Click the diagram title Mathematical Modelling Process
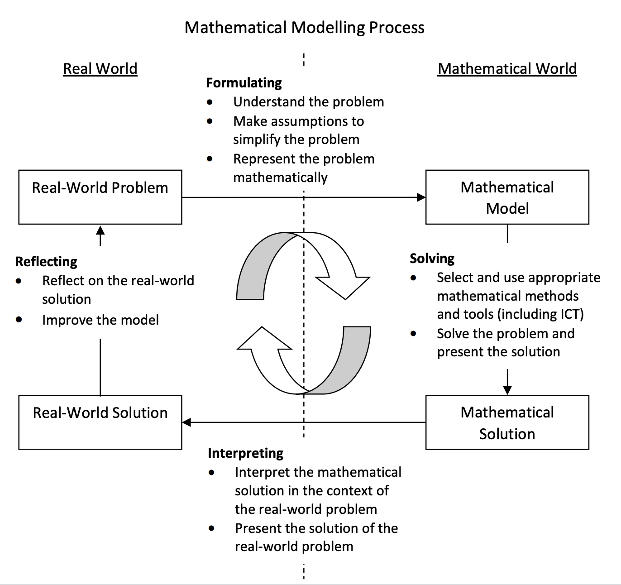click(x=304, y=28)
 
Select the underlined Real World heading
click(x=100, y=69)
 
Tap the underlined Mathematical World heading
click(x=507, y=69)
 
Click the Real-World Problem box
click(x=100, y=197)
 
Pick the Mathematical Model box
click(x=507, y=197)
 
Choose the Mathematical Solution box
click(x=507, y=422)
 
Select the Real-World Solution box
click(x=100, y=422)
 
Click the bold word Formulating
click(x=244, y=83)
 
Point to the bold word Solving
click(x=432, y=259)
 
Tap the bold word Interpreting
click(x=245, y=453)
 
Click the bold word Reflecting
click(x=46, y=262)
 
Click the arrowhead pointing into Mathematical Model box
click(x=421, y=197)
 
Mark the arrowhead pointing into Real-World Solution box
click(x=186, y=422)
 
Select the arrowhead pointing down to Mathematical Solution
click(x=507, y=390)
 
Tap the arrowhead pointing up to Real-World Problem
click(x=100, y=230)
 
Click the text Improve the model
click(x=100, y=320)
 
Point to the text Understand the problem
click(x=308, y=102)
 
